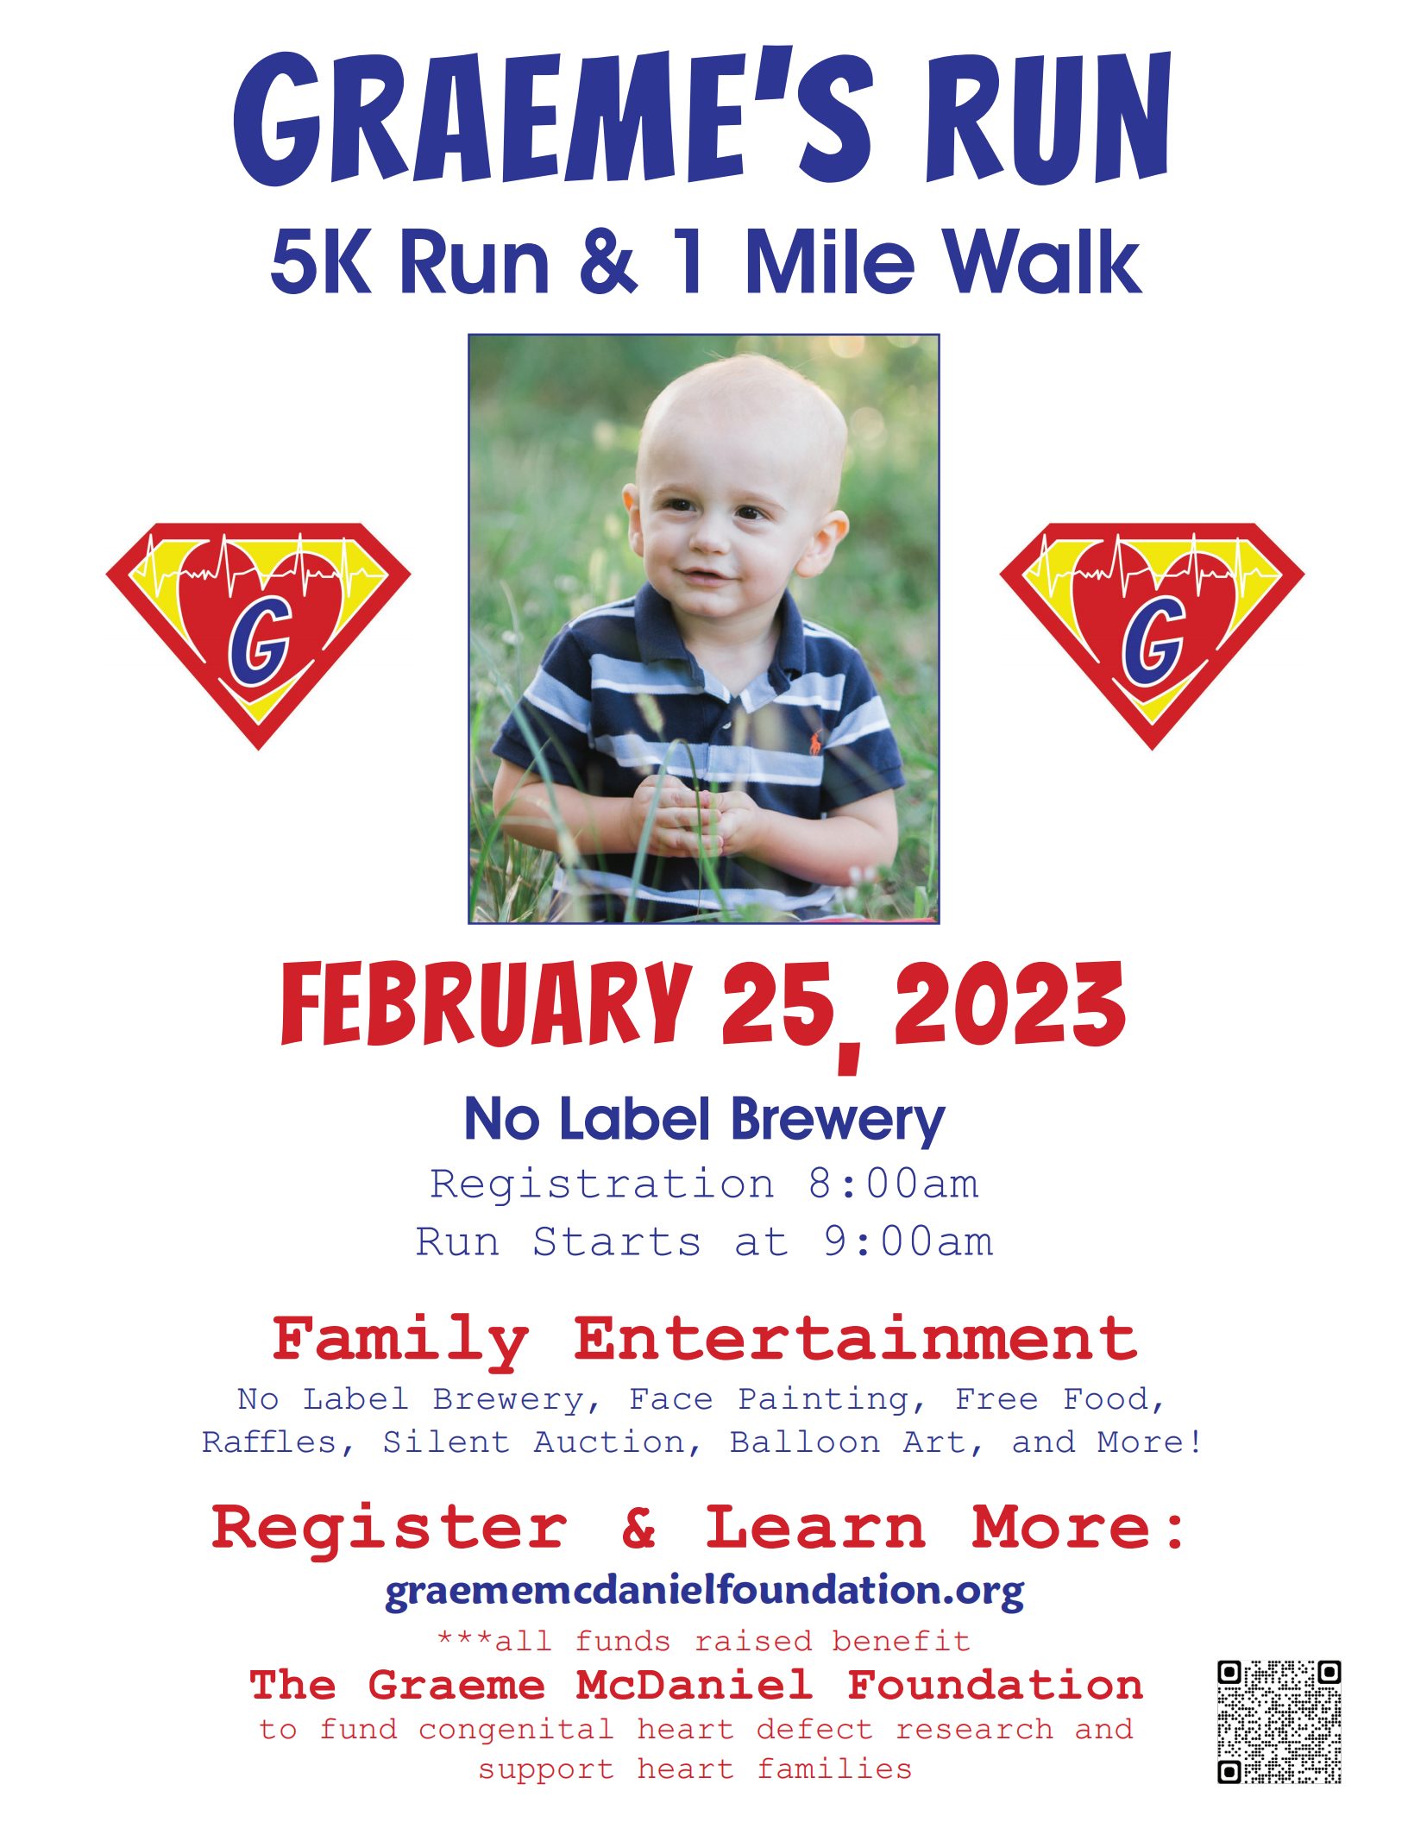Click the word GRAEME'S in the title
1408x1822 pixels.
coord(553,119)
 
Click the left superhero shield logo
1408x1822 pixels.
coord(258,635)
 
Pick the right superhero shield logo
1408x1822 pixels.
coord(1152,635)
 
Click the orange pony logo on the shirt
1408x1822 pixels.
coord(814,740)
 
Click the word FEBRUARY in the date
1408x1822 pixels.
coord(486,1005)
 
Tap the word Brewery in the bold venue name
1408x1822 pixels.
coord(838,1120)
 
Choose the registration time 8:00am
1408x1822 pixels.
coord(893,1184)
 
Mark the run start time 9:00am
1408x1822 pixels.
coord(908,1242)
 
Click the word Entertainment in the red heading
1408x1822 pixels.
coord(855,1339)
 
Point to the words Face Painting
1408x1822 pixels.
coord(769,1400)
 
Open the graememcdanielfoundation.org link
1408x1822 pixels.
coord(704,1590)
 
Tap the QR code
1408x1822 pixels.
coord(1279,1721)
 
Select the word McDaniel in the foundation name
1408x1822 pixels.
coord(695,1685)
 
